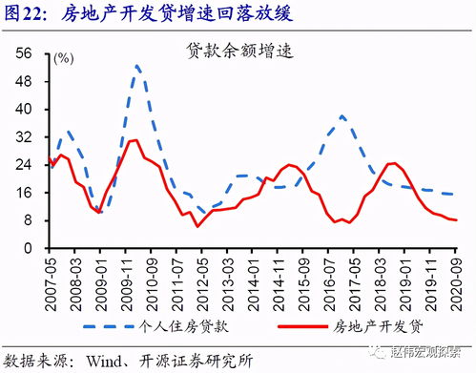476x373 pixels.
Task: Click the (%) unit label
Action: (x=63, y=59)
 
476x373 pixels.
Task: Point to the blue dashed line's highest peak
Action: (x=138, y=66)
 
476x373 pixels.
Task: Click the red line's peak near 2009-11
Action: (x=134, y=140)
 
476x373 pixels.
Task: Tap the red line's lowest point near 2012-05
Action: (x=197, y=225)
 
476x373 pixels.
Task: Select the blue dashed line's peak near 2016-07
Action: (x=342, y=116)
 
